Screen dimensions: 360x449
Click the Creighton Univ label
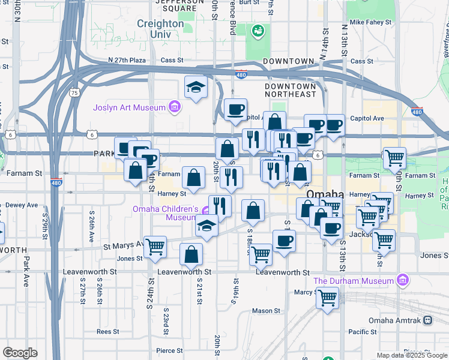point(160,29)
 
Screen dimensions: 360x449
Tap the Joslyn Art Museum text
point(129,107)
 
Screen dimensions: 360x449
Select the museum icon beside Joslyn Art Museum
point(174,107)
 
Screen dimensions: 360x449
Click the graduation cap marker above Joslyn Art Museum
point(196,88)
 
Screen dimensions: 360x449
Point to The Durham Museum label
point(353,280)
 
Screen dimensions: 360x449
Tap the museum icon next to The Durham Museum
point(402,280)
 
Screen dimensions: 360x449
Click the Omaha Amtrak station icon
point(428,320)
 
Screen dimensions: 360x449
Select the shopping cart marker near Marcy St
point(328,298)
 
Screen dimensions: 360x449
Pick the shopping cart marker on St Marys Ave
point(155,246)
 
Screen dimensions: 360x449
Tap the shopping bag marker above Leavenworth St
point(191,254)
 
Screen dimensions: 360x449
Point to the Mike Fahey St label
point(370,22)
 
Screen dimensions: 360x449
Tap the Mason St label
point(262,311)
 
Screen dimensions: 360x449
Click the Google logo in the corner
point(20,353)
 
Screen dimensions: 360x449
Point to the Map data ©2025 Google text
point(411,355)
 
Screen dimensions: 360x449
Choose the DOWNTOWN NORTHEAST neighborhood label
point(291,90)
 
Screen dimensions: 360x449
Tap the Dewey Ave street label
point(23,205)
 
